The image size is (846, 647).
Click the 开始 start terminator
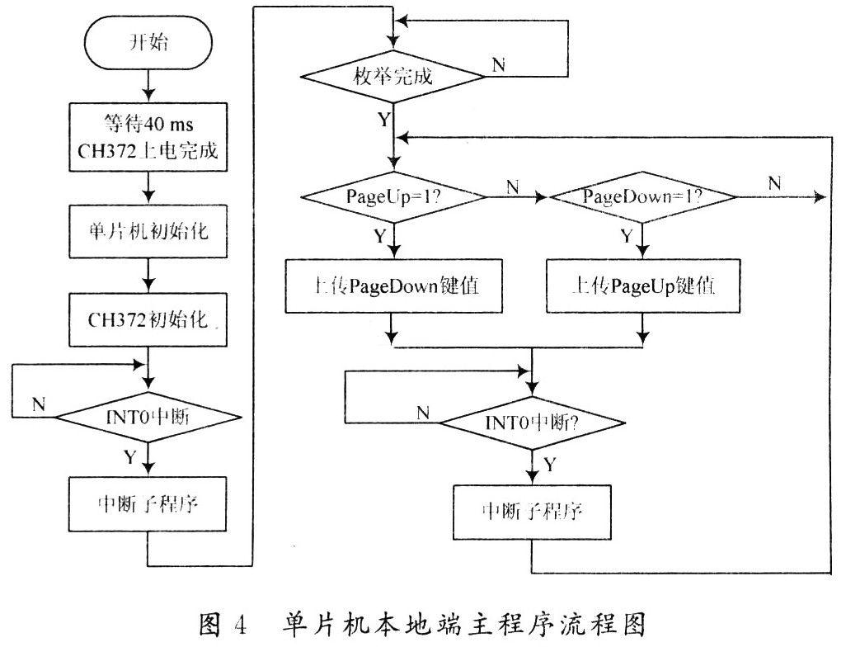[x=148, y=44]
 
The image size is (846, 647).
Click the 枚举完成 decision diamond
[x=393, y=79]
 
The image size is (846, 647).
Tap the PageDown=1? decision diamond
[x=642, y=197]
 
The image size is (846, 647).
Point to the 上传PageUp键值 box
[x=642, y=288]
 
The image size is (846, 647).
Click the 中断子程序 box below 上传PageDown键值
[x=533, y=509]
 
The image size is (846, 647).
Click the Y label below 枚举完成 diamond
[x=384, y=119]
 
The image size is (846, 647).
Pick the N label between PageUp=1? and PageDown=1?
[x=512, y=187]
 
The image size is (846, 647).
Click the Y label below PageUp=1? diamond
[x=380, y=236]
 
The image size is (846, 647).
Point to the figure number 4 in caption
[x=243, y=621]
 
